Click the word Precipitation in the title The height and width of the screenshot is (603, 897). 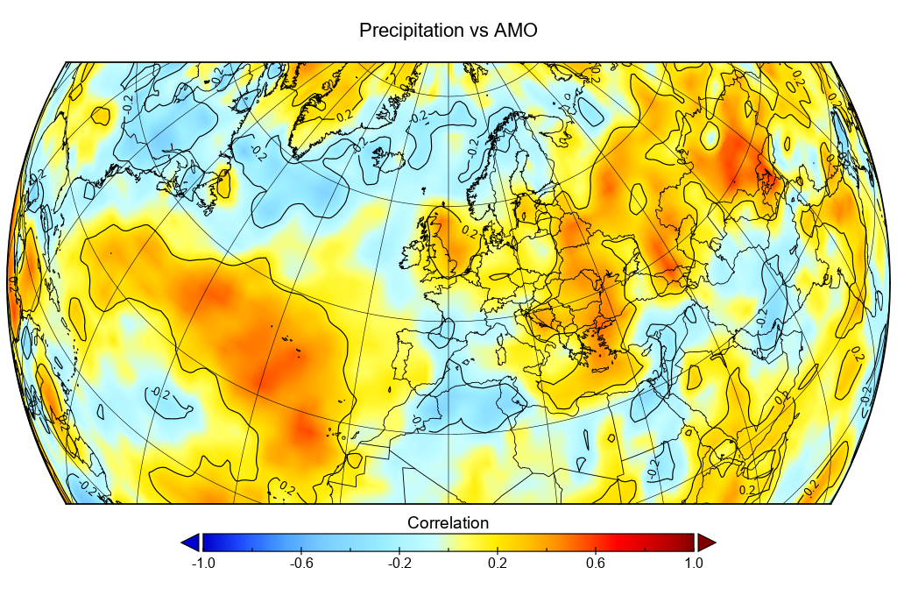click(x=411, y=31)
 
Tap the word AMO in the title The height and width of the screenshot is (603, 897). click(x=516, y=31)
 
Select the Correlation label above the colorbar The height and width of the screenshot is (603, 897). click(x=448, y=523)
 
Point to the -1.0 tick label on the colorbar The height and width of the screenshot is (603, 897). click(x=202, y=564)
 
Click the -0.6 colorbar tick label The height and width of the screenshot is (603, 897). click(x=300, y=564)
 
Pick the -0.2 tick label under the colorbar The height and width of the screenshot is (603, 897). click(x=399, y=564)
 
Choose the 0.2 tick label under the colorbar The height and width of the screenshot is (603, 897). click(x=498, y=564)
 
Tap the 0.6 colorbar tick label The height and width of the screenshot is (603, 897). click(x=596, y=564)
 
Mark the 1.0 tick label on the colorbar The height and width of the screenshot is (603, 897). click(x=694, y=564)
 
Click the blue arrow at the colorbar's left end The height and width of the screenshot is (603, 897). click(x=190, y=542)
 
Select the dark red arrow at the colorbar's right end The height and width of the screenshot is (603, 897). click(x=706, y=542)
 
